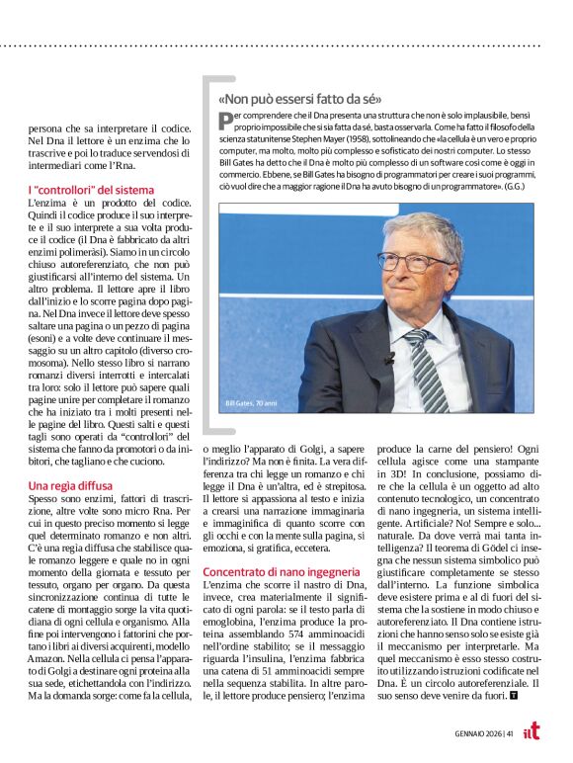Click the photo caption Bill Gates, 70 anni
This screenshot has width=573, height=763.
coord(250,403)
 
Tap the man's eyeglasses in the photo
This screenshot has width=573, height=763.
coord(413,262)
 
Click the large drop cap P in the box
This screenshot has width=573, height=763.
coord(225,121)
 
